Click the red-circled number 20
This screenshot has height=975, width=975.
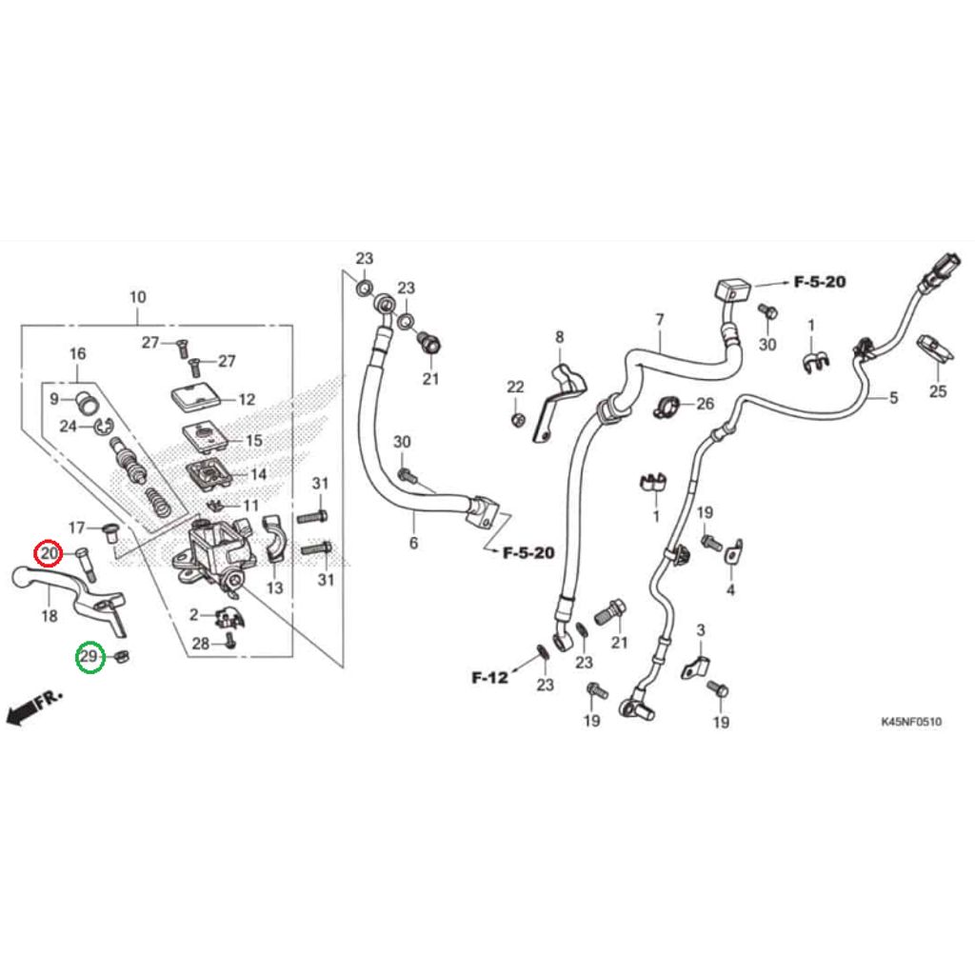(x=49, y=553)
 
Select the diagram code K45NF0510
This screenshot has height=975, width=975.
(x=910, y=723)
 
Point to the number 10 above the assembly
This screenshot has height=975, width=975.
(x=137, y=297)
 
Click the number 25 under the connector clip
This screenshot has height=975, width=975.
(x=938, y=391)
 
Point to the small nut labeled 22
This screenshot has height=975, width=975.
(x=517, y=419)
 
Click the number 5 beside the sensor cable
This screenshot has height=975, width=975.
(x=893, y=398)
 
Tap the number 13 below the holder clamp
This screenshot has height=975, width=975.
(x=274, y=588)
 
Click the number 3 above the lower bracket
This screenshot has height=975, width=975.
(x=700, y=630)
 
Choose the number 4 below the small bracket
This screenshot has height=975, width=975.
(x=730, y=590)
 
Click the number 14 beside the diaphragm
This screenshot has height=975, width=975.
(x=258, y=474)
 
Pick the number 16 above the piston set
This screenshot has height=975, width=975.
(x=78, y=354)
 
